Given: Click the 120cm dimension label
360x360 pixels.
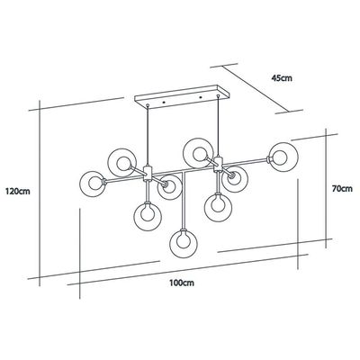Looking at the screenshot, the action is pyautogui.click(x=18, y=192).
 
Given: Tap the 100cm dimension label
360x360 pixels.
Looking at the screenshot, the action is pyautogui.click(x=182, y=283).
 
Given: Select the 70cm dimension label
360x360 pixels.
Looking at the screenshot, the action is pyautogui.click(x=342, y=189).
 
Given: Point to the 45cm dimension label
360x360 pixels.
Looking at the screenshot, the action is pyautogui.click(x=282, y=78).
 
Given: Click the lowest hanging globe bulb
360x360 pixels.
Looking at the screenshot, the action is pyautogui.click(x=184, y=244).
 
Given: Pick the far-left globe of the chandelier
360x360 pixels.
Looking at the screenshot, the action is pyautogui.click(x=93, y=184).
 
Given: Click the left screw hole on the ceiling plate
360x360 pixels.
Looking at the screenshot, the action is pyautogui.click(x=164, y=103).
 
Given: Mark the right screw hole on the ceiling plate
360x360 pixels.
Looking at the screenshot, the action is pyautogui.click(x=200, y=97).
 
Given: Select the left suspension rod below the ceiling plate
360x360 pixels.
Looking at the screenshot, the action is pyautogui.click(x=148, y=135).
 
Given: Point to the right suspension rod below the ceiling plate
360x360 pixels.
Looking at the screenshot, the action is pyautogui.click(x=218, y=126).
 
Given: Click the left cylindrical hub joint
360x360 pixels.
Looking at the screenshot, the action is pyautogui.click(x=148, y=174).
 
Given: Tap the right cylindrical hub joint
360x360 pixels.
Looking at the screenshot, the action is pyautogui.click(x=219, y=165).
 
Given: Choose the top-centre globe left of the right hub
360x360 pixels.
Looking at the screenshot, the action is pyautogui.click(x=198, y=153).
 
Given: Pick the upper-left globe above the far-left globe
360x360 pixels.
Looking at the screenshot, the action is pyautogui.click(x=122, y=163).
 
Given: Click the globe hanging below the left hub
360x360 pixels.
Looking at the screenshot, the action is pyautogui.click(x=148, y=216).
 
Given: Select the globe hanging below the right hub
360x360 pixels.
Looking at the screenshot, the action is pyautogui.click(x=219, y=208).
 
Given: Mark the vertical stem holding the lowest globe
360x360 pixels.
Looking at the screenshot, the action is pyautogui.click(x=184, y=201).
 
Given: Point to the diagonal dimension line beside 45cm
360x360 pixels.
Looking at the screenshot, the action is pyautogui.click(x=256, y=89).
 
